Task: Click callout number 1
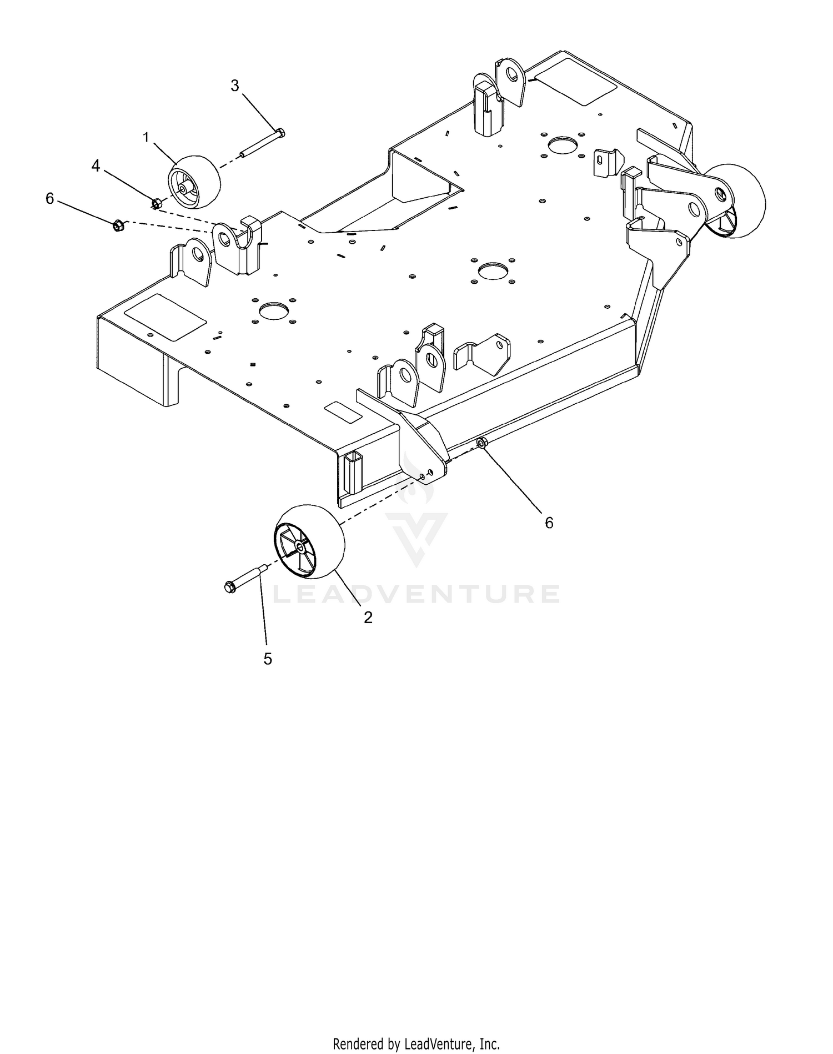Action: pos(147,137)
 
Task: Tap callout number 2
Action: pos(368,617)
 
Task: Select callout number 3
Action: pos(235,86)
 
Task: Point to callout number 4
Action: pos(96,165)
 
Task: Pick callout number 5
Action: pos(268,659)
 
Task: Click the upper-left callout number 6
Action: pos(50,198)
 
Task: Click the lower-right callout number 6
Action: pos(549,523)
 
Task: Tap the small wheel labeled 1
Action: pos(194,182)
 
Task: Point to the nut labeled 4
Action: pos(157,203)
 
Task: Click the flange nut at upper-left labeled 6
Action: pos(118,225)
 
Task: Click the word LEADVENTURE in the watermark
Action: pos(417,594)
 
